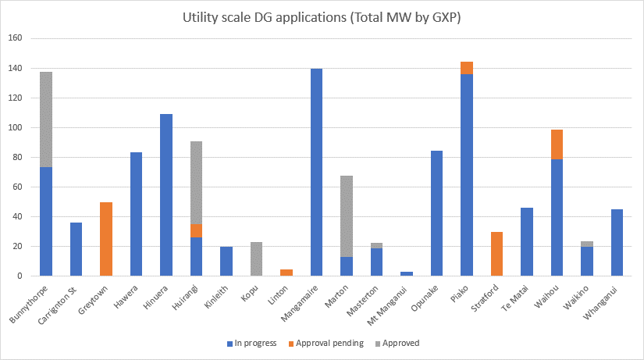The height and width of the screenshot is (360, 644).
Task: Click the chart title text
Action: [x=321, y=17]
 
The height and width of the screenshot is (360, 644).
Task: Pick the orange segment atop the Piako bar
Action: [x=467, y=68]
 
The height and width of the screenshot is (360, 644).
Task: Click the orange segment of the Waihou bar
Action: [x=557, y=144]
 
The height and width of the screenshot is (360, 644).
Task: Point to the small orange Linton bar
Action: [x=286, y=273]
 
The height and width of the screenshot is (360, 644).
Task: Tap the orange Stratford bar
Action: [x=496, y=254]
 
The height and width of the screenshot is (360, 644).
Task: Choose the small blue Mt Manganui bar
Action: [x=407, y=273]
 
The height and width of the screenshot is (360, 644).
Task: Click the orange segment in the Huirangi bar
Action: [x=196, y=230]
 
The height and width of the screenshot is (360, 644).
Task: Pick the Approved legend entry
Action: [x=399, y=343]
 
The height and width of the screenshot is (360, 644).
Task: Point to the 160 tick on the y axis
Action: [x=16, y=38]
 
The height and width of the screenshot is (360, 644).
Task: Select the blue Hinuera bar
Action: [x=166, y=195]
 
